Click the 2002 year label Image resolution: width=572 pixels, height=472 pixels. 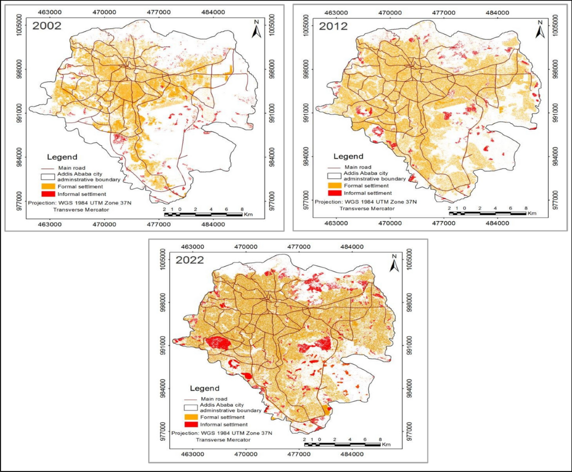(46, 26)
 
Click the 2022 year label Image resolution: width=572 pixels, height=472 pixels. (190, 261)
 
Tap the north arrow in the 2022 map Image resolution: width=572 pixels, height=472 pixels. (394, 263)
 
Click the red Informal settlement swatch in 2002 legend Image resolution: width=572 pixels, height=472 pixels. (49, 194)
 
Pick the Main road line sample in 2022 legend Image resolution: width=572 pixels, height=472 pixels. (191, 399)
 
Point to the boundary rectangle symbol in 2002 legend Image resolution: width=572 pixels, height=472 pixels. (49, 177)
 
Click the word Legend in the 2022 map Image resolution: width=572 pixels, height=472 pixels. (205, 388)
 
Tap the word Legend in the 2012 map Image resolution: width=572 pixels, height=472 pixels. (348, 156)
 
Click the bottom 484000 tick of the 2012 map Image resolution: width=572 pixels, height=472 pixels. (498, 223)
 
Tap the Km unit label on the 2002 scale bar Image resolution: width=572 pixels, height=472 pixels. (248, 215)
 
